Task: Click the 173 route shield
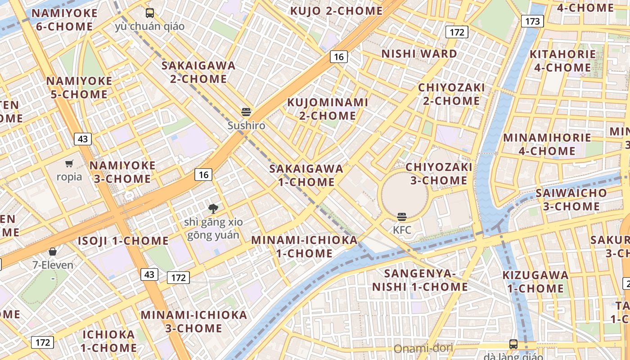tap(532, 21)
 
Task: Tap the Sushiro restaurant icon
tap(246, 112)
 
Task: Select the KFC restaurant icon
tap(402, 216)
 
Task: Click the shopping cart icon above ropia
tap(69, 163)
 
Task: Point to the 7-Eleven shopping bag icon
tap(53, 251)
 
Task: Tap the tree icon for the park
tap(213, 208)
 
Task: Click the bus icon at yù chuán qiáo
tap(150, 13)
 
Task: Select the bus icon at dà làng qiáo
tap(513, 344)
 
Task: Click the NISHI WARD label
tap(419, 54)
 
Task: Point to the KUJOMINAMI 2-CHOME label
tap(328, 109)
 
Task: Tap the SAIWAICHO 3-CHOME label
tap(571, 200)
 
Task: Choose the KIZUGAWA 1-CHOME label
tap(535, 282)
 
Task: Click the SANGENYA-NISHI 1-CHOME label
tap(420, 280)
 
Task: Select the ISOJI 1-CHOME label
tap(123, 241)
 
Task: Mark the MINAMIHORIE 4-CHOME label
tap(547, 144)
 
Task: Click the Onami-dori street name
tap(423, 348)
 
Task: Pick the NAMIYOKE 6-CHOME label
tap(64, 20)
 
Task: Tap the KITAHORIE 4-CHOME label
tap(562, 61)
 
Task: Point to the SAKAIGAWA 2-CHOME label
tap(198, 72)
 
